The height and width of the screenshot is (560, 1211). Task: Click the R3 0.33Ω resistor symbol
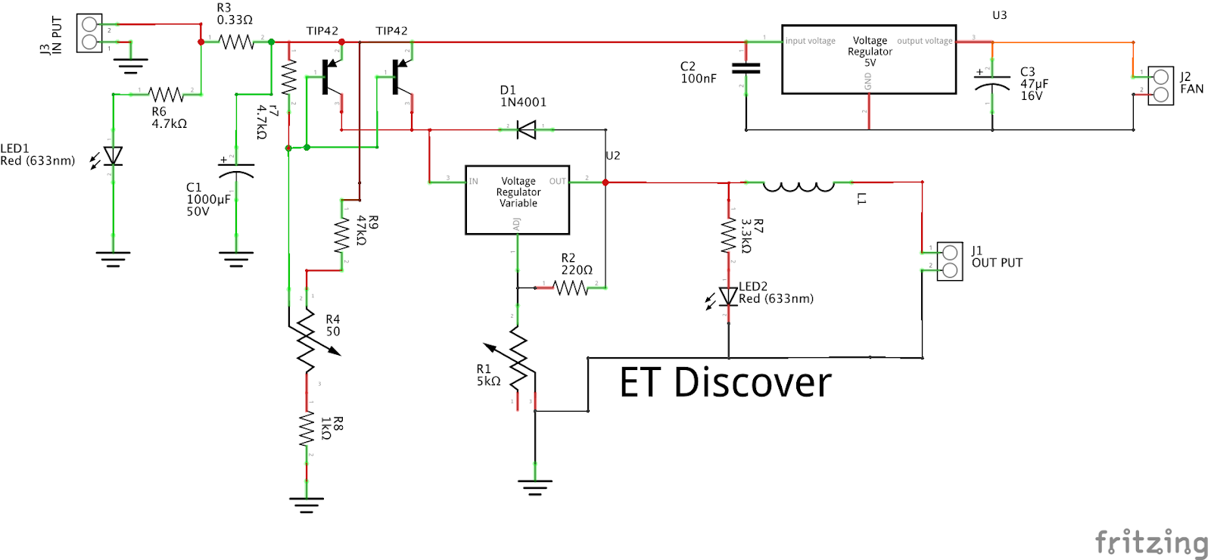tap(237, 42)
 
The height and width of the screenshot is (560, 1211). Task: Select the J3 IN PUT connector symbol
tap(89, 33)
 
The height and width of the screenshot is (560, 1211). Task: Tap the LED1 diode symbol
tap(113, 156)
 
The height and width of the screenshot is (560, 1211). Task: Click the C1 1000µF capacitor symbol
tap(236, 170)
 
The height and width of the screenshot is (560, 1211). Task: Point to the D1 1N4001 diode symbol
tap(526, 129)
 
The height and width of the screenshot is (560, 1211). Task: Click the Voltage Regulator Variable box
tap(518, 200)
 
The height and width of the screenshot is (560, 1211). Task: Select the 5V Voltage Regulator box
tap(869, 59)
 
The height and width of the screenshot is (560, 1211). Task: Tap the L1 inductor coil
tap(799, 185)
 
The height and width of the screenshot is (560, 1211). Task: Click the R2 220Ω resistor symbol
tap(570, 288)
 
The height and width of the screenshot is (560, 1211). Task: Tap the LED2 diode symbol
tap(728, 297)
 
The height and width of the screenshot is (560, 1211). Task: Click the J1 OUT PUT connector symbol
tap(949, 261)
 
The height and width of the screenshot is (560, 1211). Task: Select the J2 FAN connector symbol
tap(1160, 86)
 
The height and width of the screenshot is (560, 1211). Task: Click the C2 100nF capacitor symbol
tap(746, 68)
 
